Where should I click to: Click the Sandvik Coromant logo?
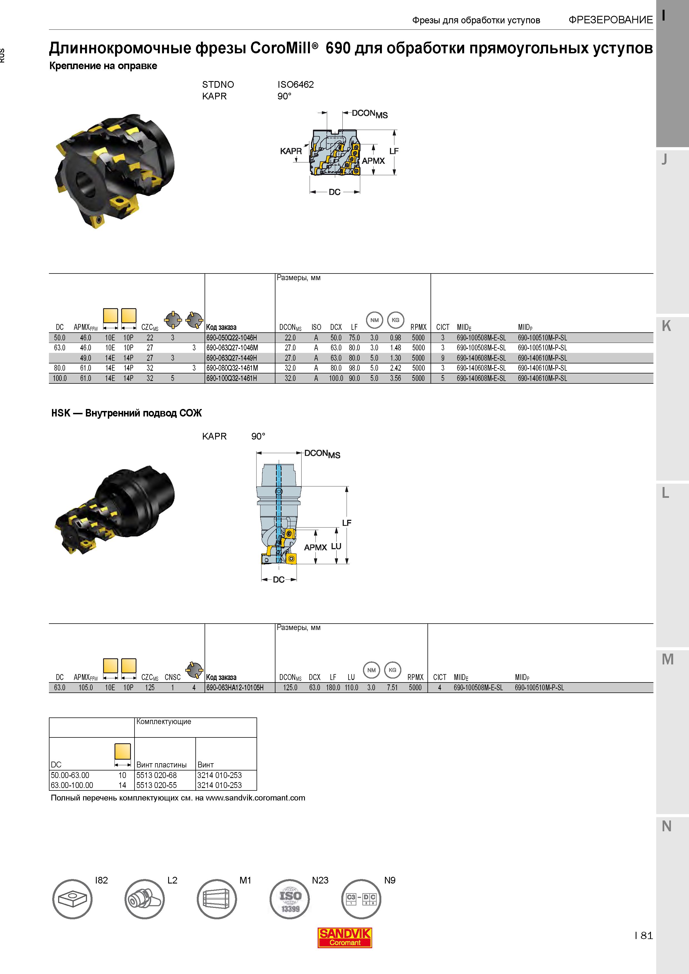pyautogui.click(x=345, y=938)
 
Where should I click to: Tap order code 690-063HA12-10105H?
pyautogui.click(x=235, y=688)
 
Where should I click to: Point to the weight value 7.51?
pyautogui.click(x=392, y=688)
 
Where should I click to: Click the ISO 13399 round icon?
pyautogui.click(x=290, y=899)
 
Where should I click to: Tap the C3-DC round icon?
pyautogui.click(x=361, y=899)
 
